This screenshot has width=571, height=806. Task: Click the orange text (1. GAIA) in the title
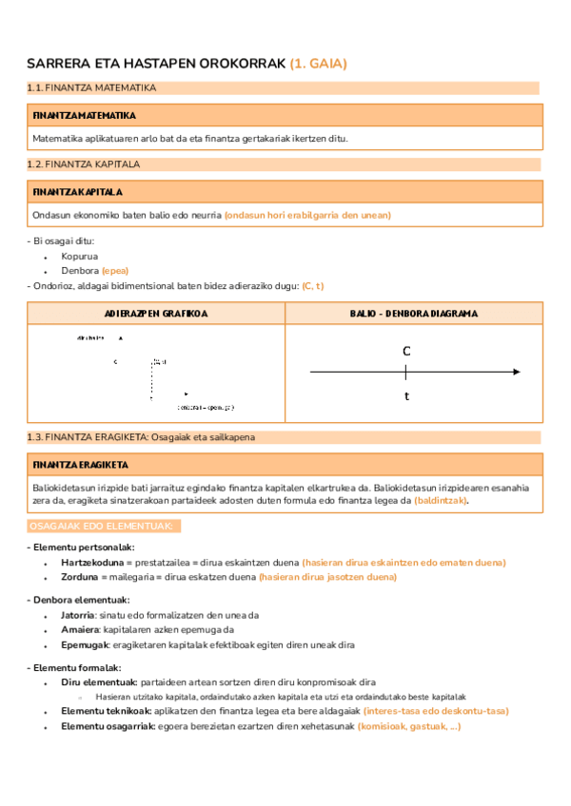[319, 64]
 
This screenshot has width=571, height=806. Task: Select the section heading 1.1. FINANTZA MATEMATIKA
[92, 88]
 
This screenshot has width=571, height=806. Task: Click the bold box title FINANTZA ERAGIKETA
[81, 465]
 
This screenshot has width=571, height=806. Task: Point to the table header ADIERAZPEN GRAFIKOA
[156, 314]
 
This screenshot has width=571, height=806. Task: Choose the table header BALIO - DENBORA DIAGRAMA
[414, 314]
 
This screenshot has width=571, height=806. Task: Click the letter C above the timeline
[406, 352]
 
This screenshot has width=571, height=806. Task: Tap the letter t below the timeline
[406, 395]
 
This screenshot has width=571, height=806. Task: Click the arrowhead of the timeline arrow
[518, 372]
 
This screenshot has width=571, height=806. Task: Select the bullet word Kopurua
[80, 256]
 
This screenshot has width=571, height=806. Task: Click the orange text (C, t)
[313, 286]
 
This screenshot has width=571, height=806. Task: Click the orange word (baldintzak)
[447, 501]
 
